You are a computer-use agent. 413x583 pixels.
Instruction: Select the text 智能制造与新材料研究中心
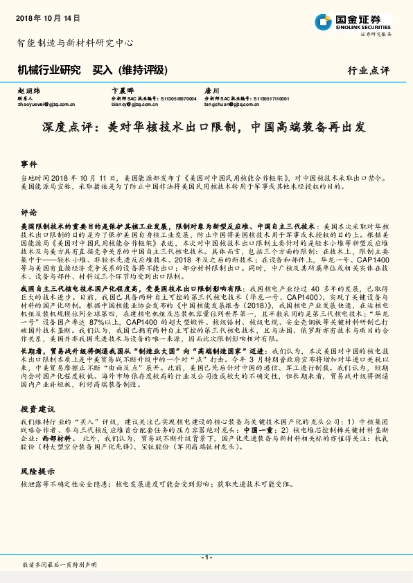point(75,42)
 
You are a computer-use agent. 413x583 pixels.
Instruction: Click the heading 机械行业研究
point(47,70)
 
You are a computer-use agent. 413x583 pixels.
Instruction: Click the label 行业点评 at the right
point(368,71)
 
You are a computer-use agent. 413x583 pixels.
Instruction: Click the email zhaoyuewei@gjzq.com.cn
point(44,105)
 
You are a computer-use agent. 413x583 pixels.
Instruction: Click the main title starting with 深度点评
point(206,128)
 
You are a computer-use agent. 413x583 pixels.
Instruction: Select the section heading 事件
point(28,164)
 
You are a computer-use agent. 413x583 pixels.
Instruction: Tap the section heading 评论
point(28,212)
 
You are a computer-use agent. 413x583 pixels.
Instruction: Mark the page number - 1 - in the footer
point(206,557)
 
